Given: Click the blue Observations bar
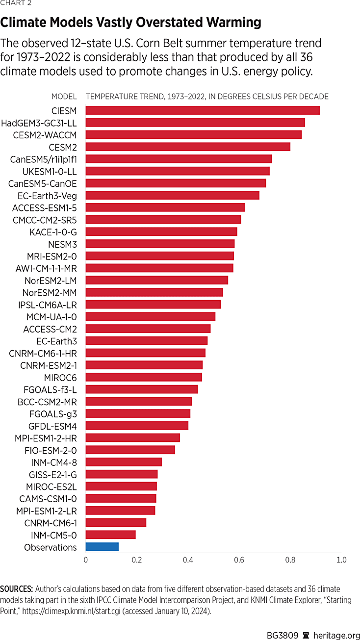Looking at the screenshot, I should tap(102, 547).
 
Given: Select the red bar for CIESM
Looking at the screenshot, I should tap(203, 110).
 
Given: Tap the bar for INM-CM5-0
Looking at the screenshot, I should tap(110, 535).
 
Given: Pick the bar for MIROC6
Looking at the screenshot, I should tap(144, 377).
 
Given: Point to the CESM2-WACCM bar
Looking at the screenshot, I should tap(193, 134).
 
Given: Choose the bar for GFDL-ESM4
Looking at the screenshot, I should tap(137, 425).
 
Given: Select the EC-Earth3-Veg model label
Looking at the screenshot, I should tap(47, 195).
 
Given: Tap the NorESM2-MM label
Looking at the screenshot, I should tap(50, 292).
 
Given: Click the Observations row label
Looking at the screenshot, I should tap(51, 547).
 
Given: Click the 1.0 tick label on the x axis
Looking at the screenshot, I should tap(341, 560).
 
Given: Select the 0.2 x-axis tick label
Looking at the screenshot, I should tap(136, 560).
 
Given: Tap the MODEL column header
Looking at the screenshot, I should tap(64, 97).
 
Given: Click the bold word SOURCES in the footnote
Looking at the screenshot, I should tap(16, 589).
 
